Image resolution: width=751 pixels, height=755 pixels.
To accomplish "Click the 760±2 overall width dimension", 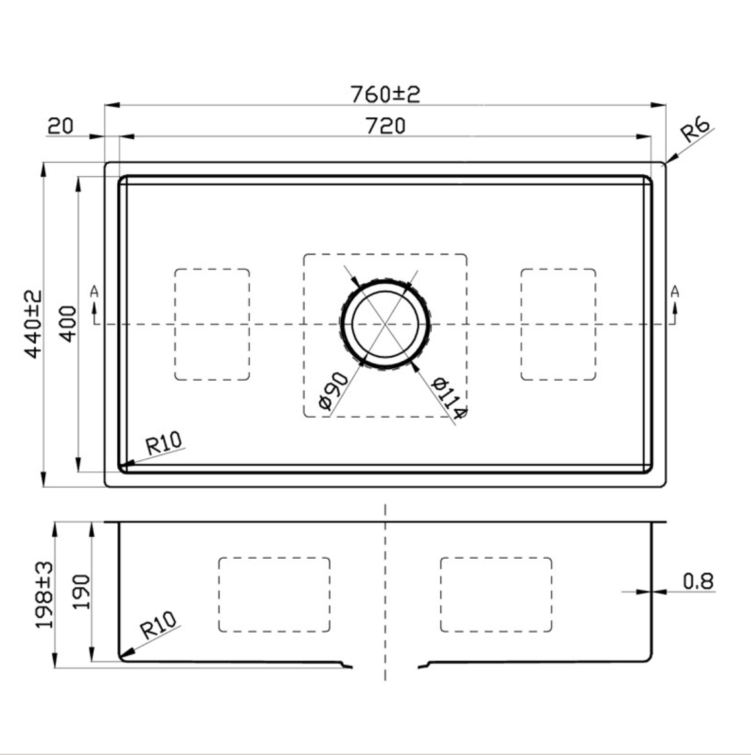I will pos(385,94).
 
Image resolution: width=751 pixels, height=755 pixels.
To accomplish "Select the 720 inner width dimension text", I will pos(385,126).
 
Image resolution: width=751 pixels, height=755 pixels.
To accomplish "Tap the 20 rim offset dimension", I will pos(60,125).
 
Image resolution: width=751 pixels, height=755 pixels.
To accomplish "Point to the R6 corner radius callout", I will pos(696,130).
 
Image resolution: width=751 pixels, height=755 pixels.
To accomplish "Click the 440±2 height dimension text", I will pos(33,324).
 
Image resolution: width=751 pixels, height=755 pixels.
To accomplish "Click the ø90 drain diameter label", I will pos(333,392).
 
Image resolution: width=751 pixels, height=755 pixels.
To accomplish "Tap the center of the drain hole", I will pos(385,322).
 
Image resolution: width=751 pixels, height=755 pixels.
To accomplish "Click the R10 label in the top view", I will pos(163,444).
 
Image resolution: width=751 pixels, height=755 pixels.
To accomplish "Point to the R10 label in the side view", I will pos(159,626).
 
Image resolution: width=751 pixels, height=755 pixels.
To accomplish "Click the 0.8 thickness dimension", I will pos(698,581).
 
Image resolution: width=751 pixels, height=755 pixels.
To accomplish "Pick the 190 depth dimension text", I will pos(81,591).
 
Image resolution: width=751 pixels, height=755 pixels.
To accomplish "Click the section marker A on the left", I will pos(95,292).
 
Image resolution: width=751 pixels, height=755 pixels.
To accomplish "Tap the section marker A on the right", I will pos(675,292).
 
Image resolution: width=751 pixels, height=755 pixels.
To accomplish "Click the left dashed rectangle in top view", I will pos(212,324).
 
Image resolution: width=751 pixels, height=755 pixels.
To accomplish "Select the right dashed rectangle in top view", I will pos(558,324).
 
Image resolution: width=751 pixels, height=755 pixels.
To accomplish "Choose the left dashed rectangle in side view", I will pos(275,594).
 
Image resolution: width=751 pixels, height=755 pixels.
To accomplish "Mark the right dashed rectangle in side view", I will pos(496,594).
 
